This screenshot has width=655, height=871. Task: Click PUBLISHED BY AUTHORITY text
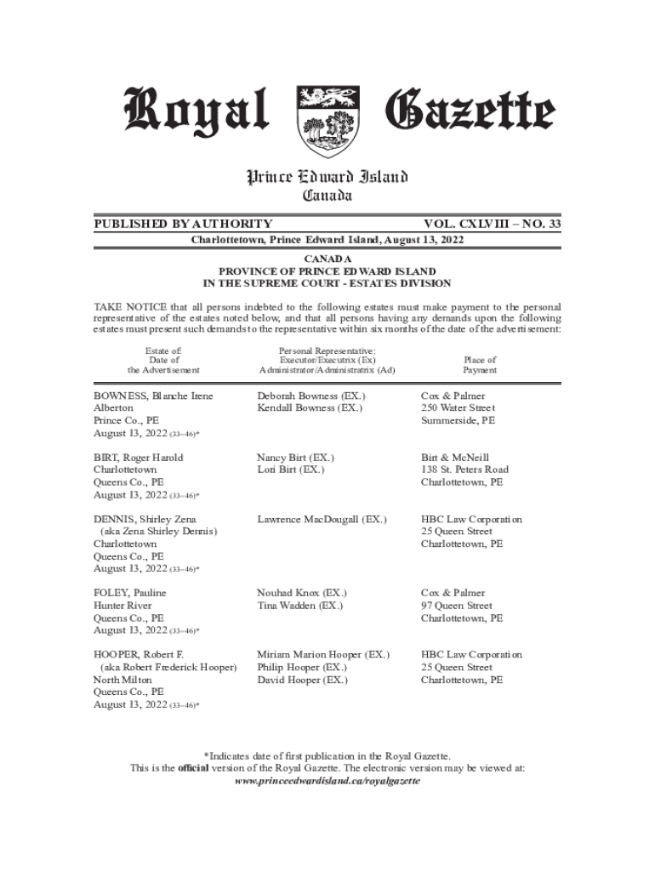coord(183,224)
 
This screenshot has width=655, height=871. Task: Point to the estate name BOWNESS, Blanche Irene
coord(153,396)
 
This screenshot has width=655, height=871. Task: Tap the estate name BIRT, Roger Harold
coord(138,458)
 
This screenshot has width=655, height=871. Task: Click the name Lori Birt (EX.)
coord(290,470)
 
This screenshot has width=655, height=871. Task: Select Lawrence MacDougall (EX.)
coord(322,520)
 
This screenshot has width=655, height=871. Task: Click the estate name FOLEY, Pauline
coord(129,593)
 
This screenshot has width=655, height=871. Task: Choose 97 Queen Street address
coord(457,606)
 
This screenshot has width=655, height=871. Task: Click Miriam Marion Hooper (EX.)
coord(323,655)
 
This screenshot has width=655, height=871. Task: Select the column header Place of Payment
coord(480,365)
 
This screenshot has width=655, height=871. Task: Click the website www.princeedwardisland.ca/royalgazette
coord(327,780)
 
